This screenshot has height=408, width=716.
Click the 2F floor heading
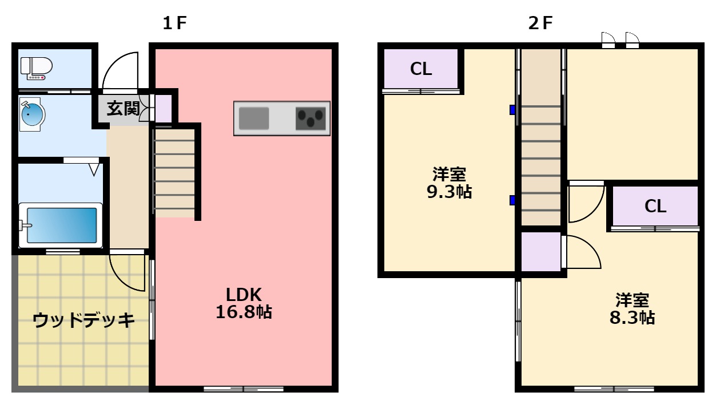(540, 23)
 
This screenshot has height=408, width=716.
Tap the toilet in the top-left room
(35, 68)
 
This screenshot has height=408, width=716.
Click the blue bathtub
(61, 225)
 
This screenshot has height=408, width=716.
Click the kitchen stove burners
(311, 118)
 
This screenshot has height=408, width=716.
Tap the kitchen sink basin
(253, 118)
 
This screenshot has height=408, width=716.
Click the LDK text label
(244, 295)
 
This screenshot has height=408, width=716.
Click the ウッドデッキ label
(83, 320)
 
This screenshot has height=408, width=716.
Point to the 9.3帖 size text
(449, 192)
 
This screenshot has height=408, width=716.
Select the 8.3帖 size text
(632, 318)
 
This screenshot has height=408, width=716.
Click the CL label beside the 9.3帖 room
(421, 69)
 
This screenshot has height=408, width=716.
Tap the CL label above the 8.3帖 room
(655, 206)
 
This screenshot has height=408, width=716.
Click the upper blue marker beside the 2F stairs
(512, 110)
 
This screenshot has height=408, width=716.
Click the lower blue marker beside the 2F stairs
(512, 200)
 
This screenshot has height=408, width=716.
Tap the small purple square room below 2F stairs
(540, 252)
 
